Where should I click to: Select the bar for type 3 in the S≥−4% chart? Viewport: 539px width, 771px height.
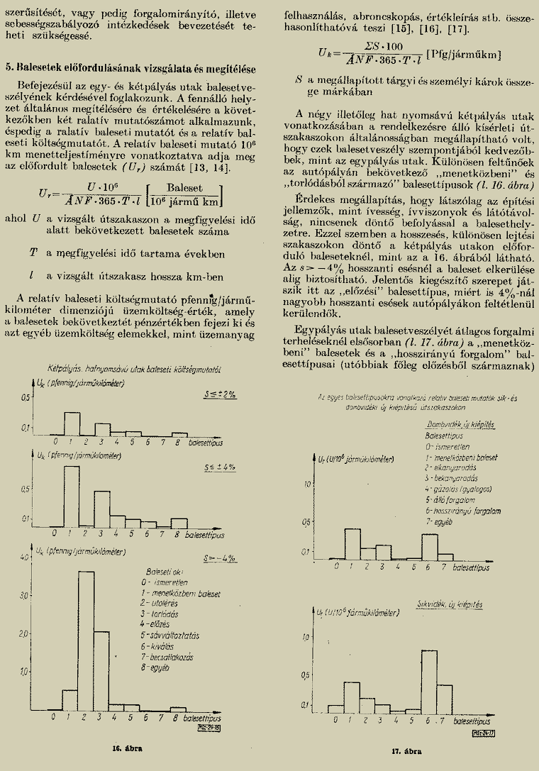click(x=102, y=670)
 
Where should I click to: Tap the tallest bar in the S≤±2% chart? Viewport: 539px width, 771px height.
click(x=72, y=423)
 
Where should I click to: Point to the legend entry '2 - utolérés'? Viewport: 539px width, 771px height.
click(x=159, y=602)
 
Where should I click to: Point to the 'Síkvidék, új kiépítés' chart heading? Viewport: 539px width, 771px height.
click(x=450, y=606)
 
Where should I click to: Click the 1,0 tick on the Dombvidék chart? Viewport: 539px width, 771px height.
click(x=307, y=484)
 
